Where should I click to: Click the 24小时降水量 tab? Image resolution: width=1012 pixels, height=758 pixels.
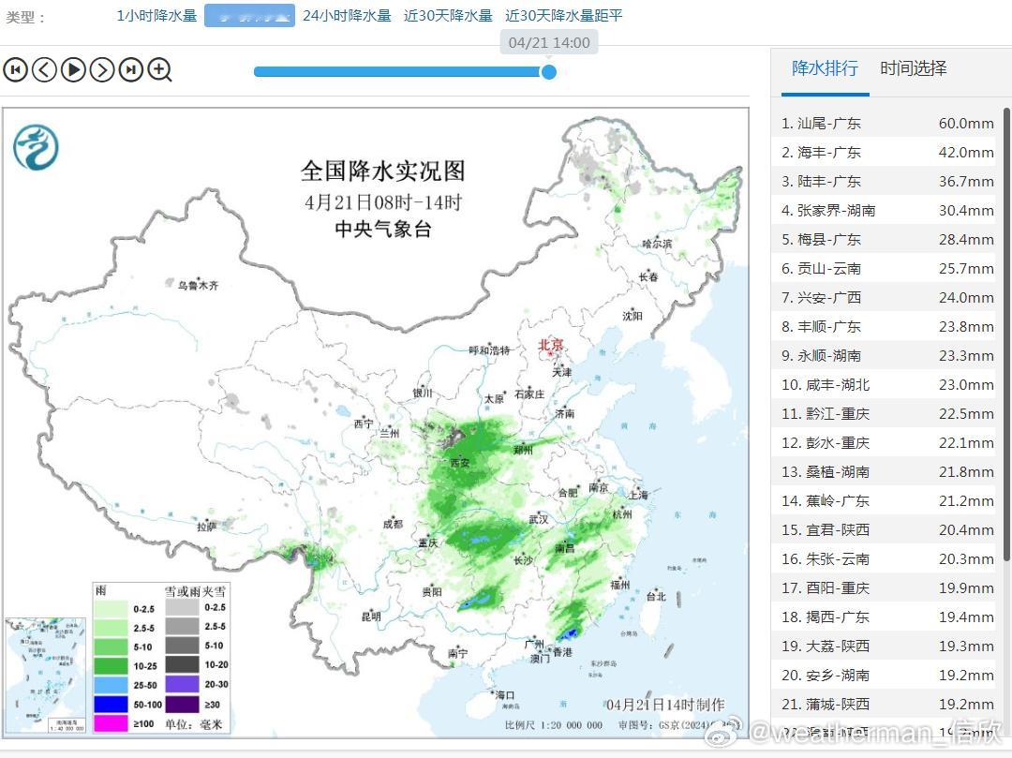347,16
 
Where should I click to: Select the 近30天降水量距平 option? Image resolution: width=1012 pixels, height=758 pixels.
563,16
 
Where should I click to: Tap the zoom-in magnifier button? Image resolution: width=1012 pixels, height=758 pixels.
160,69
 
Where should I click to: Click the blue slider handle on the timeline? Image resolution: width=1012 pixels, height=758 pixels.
549,71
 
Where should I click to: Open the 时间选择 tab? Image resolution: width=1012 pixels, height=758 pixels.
914,68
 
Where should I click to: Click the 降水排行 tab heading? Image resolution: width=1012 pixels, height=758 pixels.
825,68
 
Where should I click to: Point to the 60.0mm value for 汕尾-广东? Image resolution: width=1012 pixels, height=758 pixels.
966,123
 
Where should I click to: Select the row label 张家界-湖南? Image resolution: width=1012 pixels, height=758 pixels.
836,210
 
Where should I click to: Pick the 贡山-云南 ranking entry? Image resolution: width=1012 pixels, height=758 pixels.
828,268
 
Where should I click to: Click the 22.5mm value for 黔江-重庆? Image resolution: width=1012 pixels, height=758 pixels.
966,413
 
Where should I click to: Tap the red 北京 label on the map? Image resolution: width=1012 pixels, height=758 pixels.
551,345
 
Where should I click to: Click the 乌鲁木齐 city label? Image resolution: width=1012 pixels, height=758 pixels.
198,285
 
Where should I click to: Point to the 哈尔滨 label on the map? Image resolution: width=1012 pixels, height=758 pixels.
657,244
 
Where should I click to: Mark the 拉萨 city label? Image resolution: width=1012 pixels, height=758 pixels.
207,527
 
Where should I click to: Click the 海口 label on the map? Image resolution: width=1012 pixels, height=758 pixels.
505,694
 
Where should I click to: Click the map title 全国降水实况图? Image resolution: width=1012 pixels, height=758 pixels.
382,171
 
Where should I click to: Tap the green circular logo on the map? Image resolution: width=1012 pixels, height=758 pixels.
36,148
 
